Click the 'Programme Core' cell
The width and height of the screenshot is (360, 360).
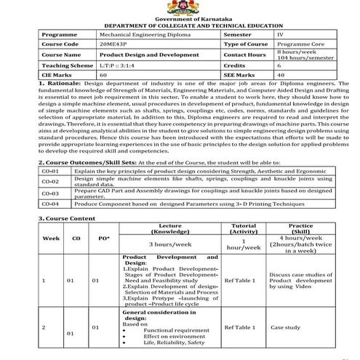(298, 44)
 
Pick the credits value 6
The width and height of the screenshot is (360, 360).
(279, 65)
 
